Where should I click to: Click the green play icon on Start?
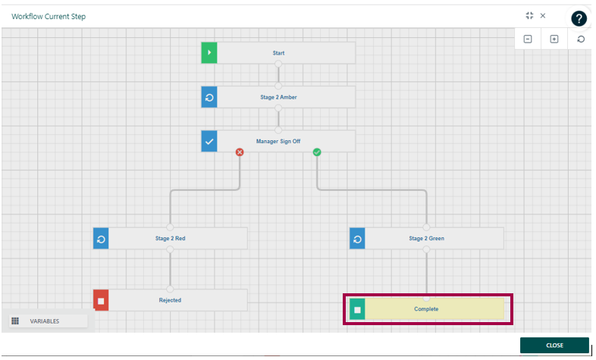[209, 53]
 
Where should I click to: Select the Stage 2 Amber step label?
[278, 97]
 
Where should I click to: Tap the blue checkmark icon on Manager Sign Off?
[209, 141]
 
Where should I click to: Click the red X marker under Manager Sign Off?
[240, 152]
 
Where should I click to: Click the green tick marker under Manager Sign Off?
[317, 152]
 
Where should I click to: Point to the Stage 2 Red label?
[170, 238]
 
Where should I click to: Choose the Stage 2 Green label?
[426, 238]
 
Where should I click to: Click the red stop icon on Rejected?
[101, 300]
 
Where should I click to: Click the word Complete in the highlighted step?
[426, 308]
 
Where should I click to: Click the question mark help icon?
[579, 19]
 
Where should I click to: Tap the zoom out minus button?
[528, 39]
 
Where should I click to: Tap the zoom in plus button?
[554, 39]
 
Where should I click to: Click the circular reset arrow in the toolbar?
[581, 39]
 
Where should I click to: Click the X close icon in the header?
[543, 15]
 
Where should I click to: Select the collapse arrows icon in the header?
[529, 15]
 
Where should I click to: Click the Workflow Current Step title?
[49, 16]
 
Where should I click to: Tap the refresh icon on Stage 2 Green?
[358, 238]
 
